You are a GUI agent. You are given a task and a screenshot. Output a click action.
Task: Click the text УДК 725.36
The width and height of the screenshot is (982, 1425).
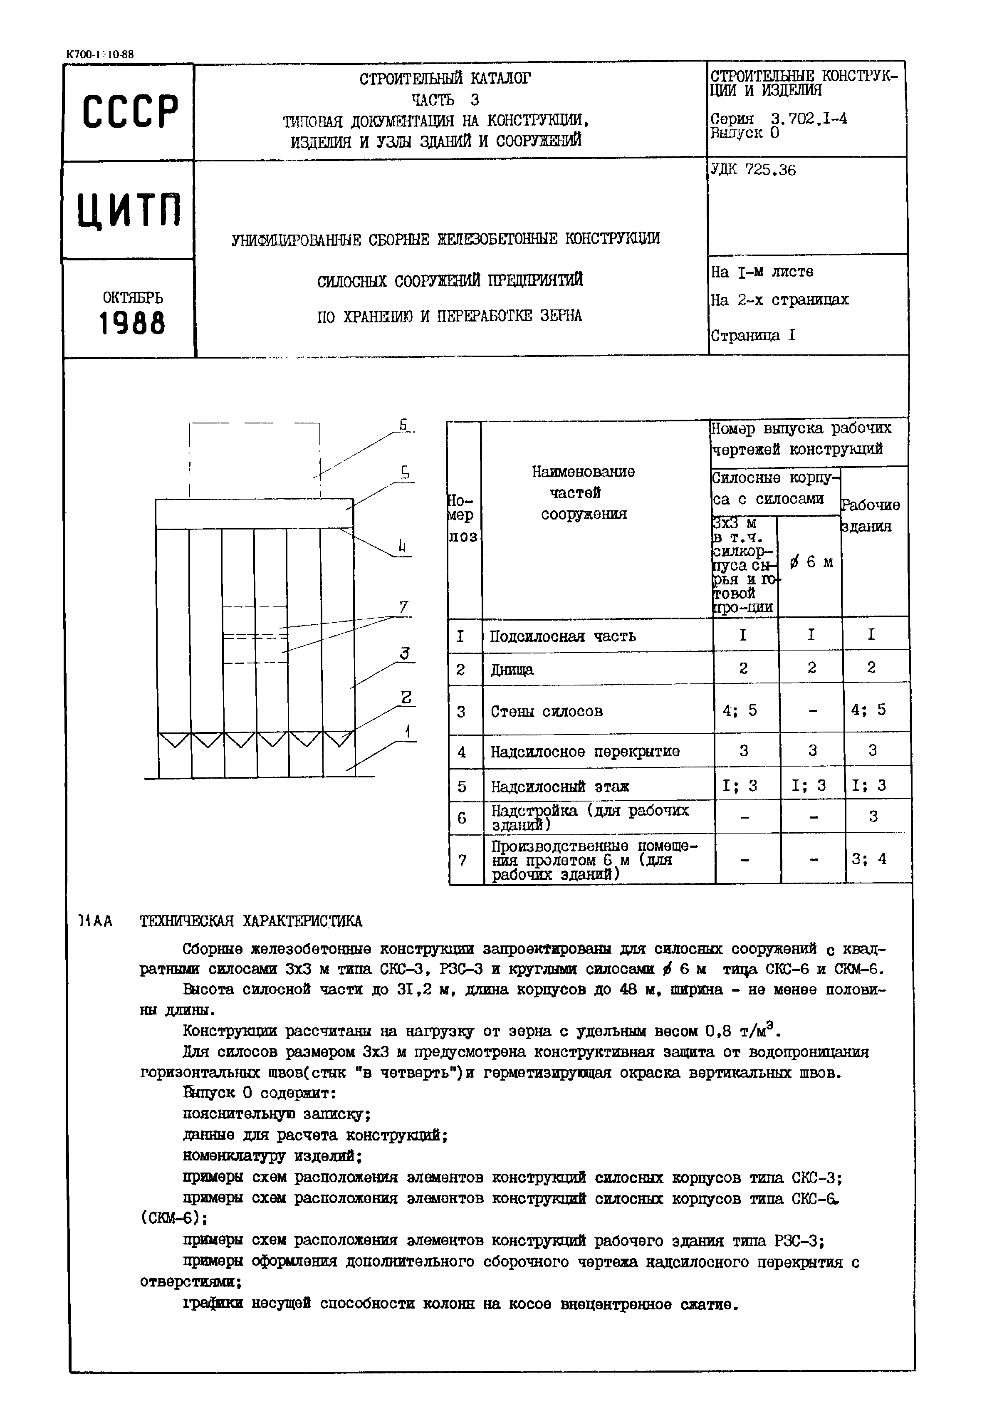[753, 171]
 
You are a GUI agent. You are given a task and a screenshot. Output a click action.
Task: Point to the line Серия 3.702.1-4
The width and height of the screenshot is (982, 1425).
[778, 119]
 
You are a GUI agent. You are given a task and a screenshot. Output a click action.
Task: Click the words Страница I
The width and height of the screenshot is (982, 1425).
[753, 336]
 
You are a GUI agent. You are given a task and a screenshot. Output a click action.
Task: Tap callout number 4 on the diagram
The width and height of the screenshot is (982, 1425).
[402, 547]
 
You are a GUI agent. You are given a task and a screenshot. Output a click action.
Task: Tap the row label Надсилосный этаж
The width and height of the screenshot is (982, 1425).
[560, 787]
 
